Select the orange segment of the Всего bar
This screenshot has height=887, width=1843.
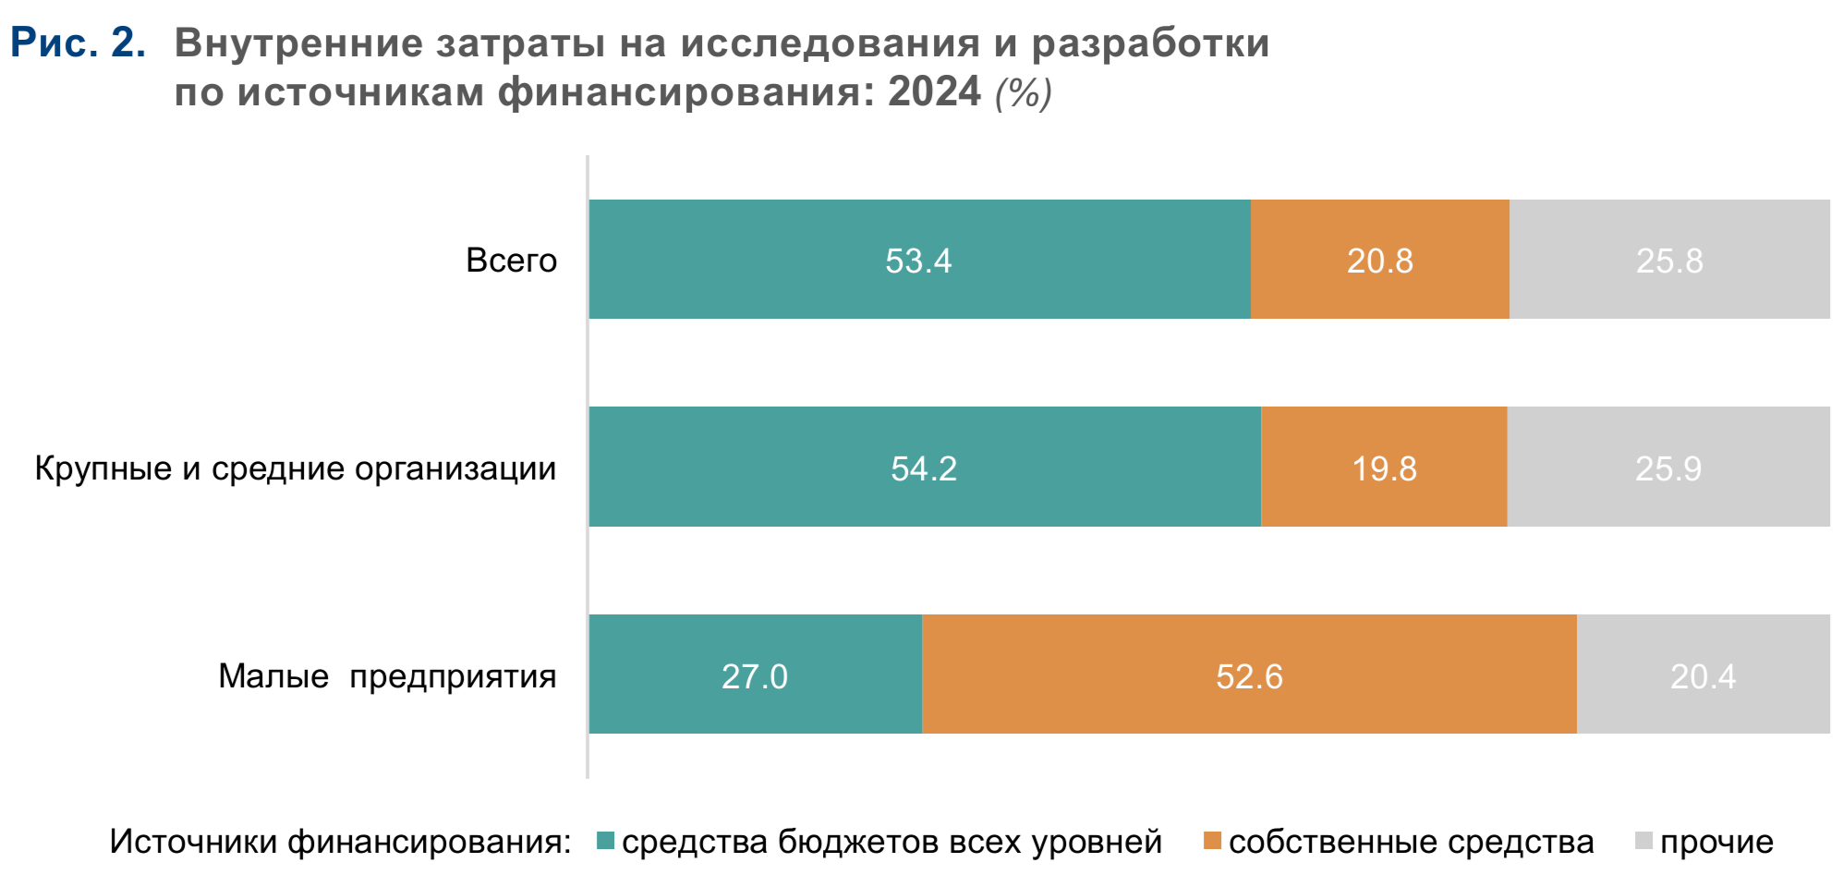tap(1379, 260)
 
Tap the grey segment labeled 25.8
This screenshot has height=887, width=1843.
tap(1669, 260)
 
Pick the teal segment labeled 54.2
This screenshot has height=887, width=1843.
tap(924, 468)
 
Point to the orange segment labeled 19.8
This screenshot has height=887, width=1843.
tap(1384, 468)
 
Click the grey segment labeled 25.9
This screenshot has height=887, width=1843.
tap(1668, 468)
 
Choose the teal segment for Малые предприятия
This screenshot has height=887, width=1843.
tap(755, 675)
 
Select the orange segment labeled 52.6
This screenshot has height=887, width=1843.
tap(1249, 675)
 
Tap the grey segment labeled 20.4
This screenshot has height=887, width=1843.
tap(1703, 675)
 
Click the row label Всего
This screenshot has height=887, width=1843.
tap(511, 261)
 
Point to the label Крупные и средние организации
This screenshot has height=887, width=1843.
tap(296, 468)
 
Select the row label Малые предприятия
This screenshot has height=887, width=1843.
tap(387, 676)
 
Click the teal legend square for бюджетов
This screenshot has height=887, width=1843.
tap(606, 841)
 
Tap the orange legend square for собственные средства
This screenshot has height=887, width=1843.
tap(1212, 841)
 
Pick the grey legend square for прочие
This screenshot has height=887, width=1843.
tap(1643, 841)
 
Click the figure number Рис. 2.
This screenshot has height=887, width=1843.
tap(78, 43)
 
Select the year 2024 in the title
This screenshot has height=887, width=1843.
tap(934, 91)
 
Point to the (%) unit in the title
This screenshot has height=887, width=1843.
tap(1024, 92)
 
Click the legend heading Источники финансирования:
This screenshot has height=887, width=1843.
tap(340, 842)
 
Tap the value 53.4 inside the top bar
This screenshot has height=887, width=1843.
tap(918, 261)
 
